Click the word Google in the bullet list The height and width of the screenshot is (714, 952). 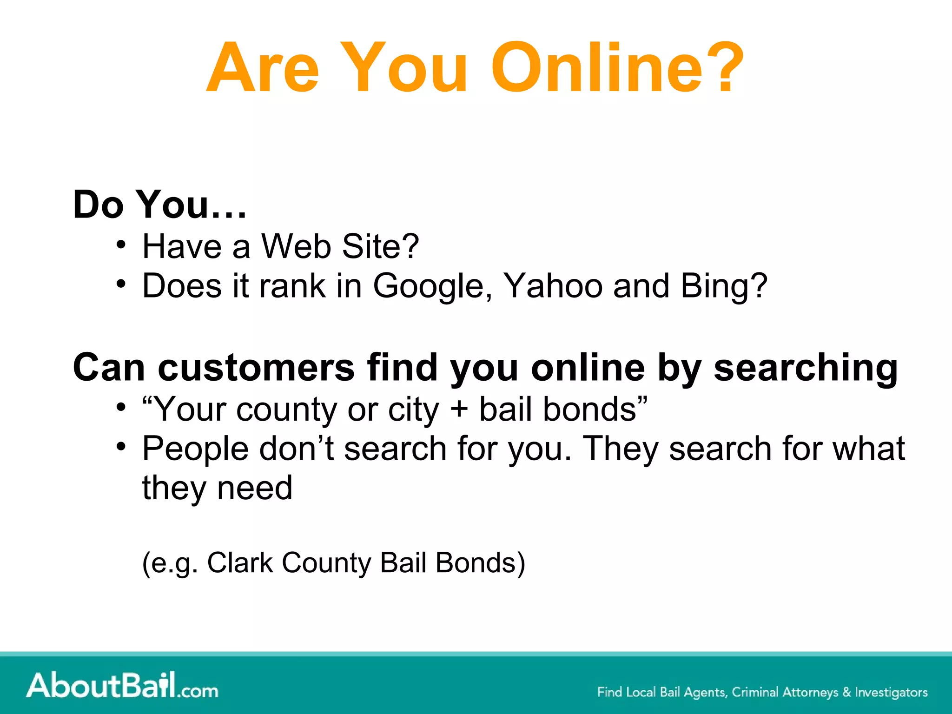click(x=432, y=286)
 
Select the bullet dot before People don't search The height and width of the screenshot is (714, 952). click(x=121, y=446)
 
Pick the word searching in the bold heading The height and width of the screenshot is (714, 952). click(x=806, y=369)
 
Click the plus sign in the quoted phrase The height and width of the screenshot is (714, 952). click(x=459, y=410)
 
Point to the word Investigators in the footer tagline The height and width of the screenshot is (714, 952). click(x=891, y=692)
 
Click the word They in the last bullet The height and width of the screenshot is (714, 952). click(x=620, y=449)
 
